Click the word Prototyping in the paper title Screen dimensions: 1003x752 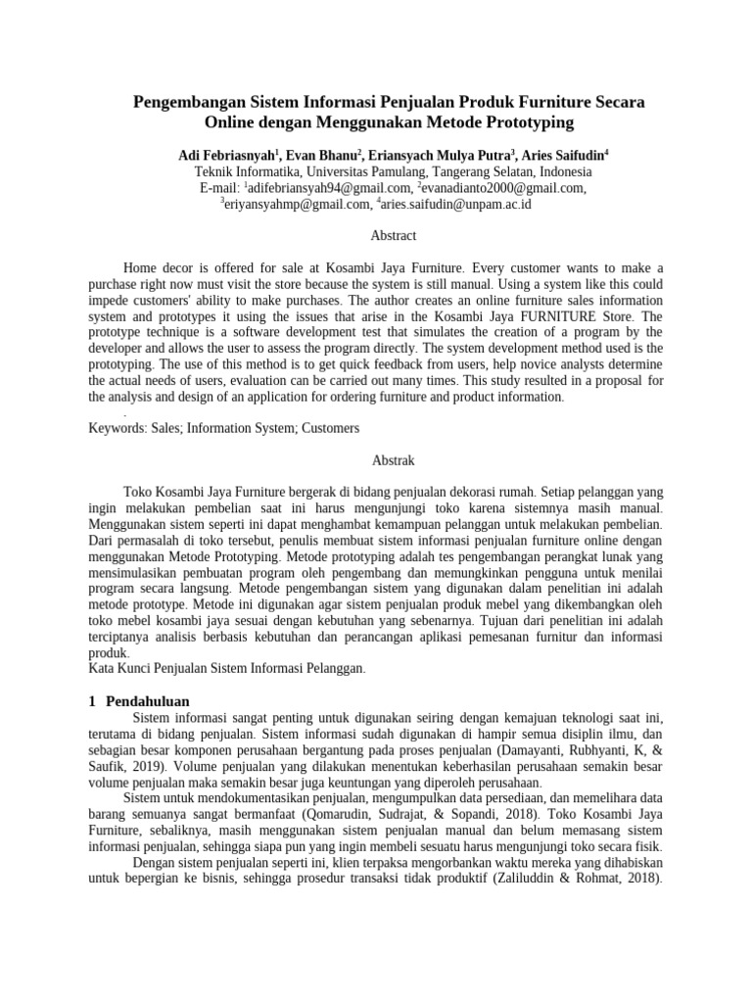coord(525,123)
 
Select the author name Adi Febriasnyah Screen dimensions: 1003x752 coord(227,155)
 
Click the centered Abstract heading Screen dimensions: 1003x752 coord(394,236)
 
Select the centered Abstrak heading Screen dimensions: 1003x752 coord(394,459)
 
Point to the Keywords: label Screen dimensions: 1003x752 coord(117,428)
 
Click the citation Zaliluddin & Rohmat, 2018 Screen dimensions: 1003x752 coord(579,878)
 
